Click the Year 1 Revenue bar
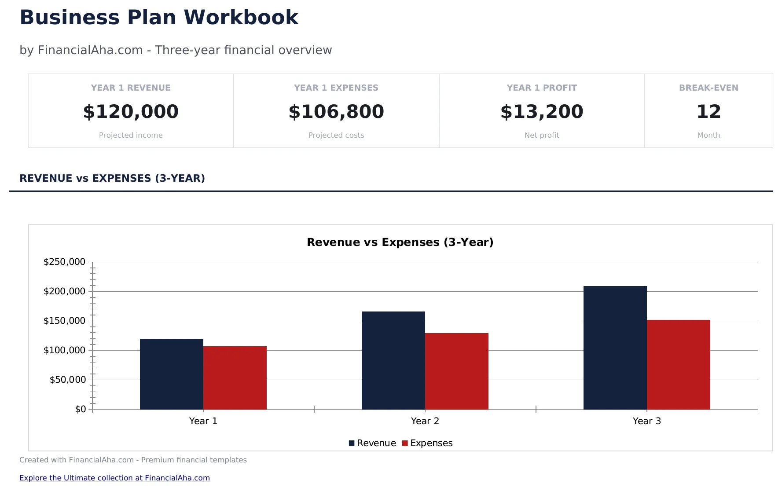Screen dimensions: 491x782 (171, 374)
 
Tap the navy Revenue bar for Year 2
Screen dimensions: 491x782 (393, 360)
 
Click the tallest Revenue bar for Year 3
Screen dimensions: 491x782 (615, 348)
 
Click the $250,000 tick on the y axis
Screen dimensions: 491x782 (64, 262)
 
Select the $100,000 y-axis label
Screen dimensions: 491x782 (64, 350)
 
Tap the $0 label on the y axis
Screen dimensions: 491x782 (81, 409)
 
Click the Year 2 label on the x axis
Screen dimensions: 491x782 (425, 421)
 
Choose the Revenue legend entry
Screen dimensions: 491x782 (372, 443)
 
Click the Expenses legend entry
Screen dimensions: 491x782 (427, 443)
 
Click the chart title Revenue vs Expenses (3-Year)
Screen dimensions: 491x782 (400, 242)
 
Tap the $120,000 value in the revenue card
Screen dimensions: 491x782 (131, 111)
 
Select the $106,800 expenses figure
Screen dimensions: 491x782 (336, 111)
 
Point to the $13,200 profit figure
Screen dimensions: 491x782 (542, 111)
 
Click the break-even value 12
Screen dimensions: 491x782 (709, 111)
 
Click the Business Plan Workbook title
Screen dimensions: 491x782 (159, 18)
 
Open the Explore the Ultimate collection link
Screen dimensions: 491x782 (114, 478)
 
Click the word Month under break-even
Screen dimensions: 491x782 (709, 135)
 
